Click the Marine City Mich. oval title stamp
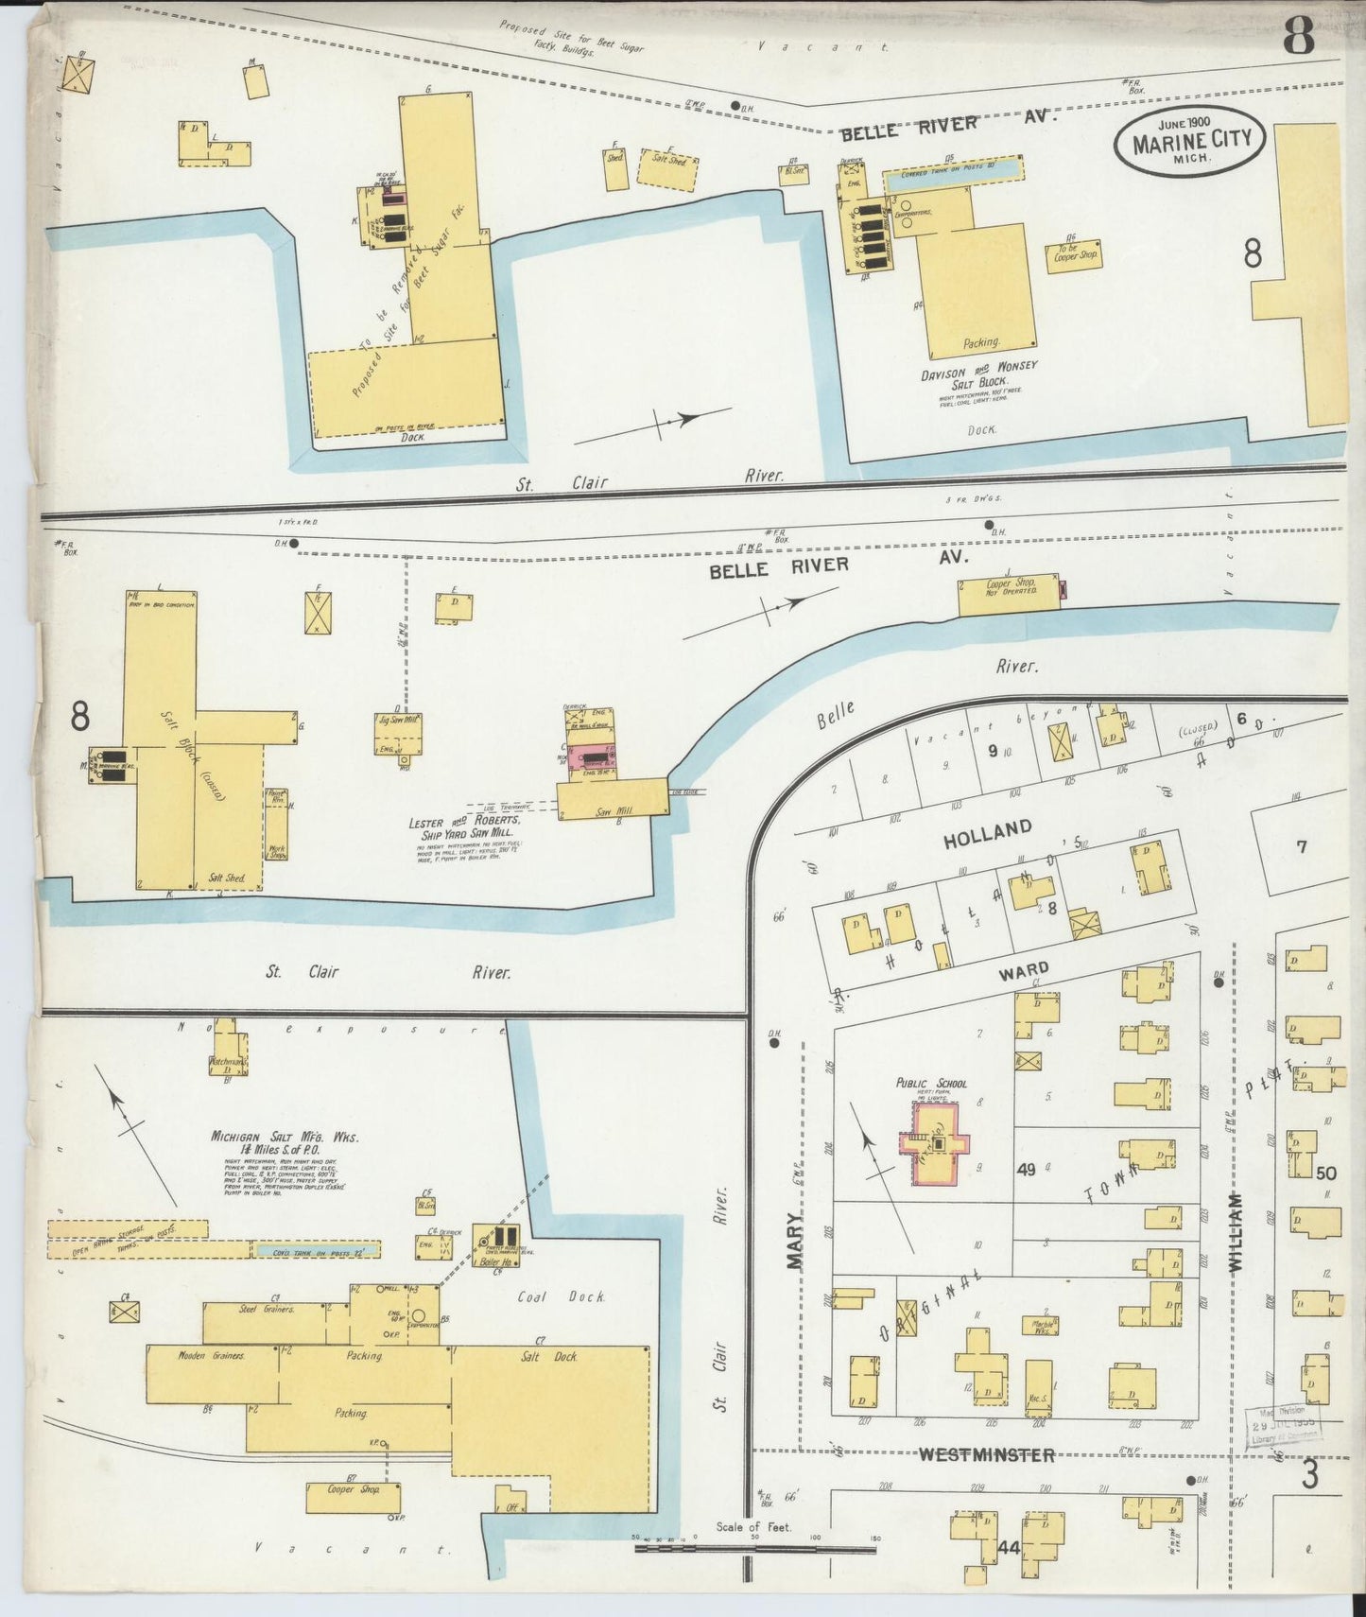pyautogui.click(x=1189, y=141)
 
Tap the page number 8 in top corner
pyautogui.click(x=1299, y=36)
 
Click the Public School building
pyautogui.click(x=937, y=1142)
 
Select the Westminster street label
pyautogui.click(x=987, y=1455)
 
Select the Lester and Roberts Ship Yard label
pyautogui.click(x=462, y=828)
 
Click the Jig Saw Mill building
pyautogui.click(x=398, y=732)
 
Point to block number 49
pyautogui.click(x=1026, y=1170)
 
